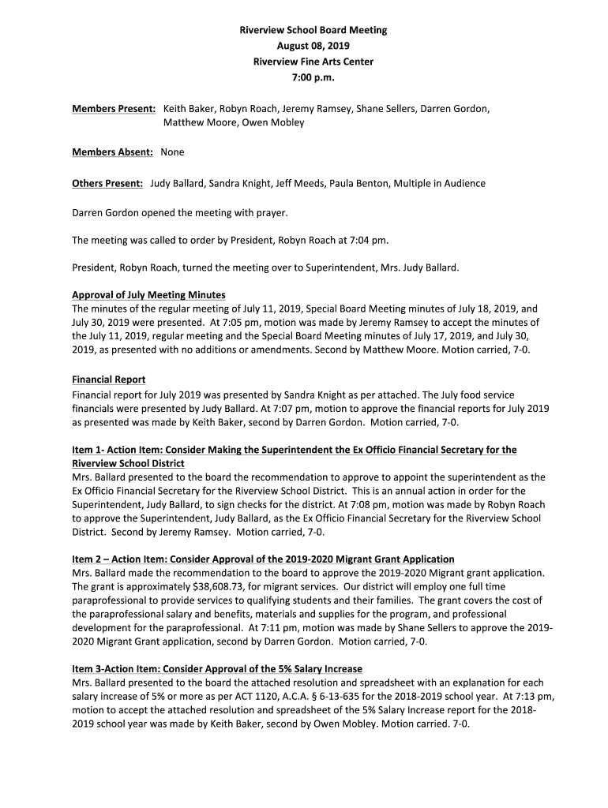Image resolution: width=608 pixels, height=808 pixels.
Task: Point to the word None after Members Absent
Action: (172, 152)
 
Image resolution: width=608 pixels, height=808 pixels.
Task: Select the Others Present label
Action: (107, 183)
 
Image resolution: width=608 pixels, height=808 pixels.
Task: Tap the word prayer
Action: (270, 213)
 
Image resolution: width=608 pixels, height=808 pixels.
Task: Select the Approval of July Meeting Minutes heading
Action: (148, 295)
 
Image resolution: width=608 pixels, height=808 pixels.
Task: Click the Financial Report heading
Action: (108, 380)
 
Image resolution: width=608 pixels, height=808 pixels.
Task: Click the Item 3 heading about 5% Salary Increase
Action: (216, 668)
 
